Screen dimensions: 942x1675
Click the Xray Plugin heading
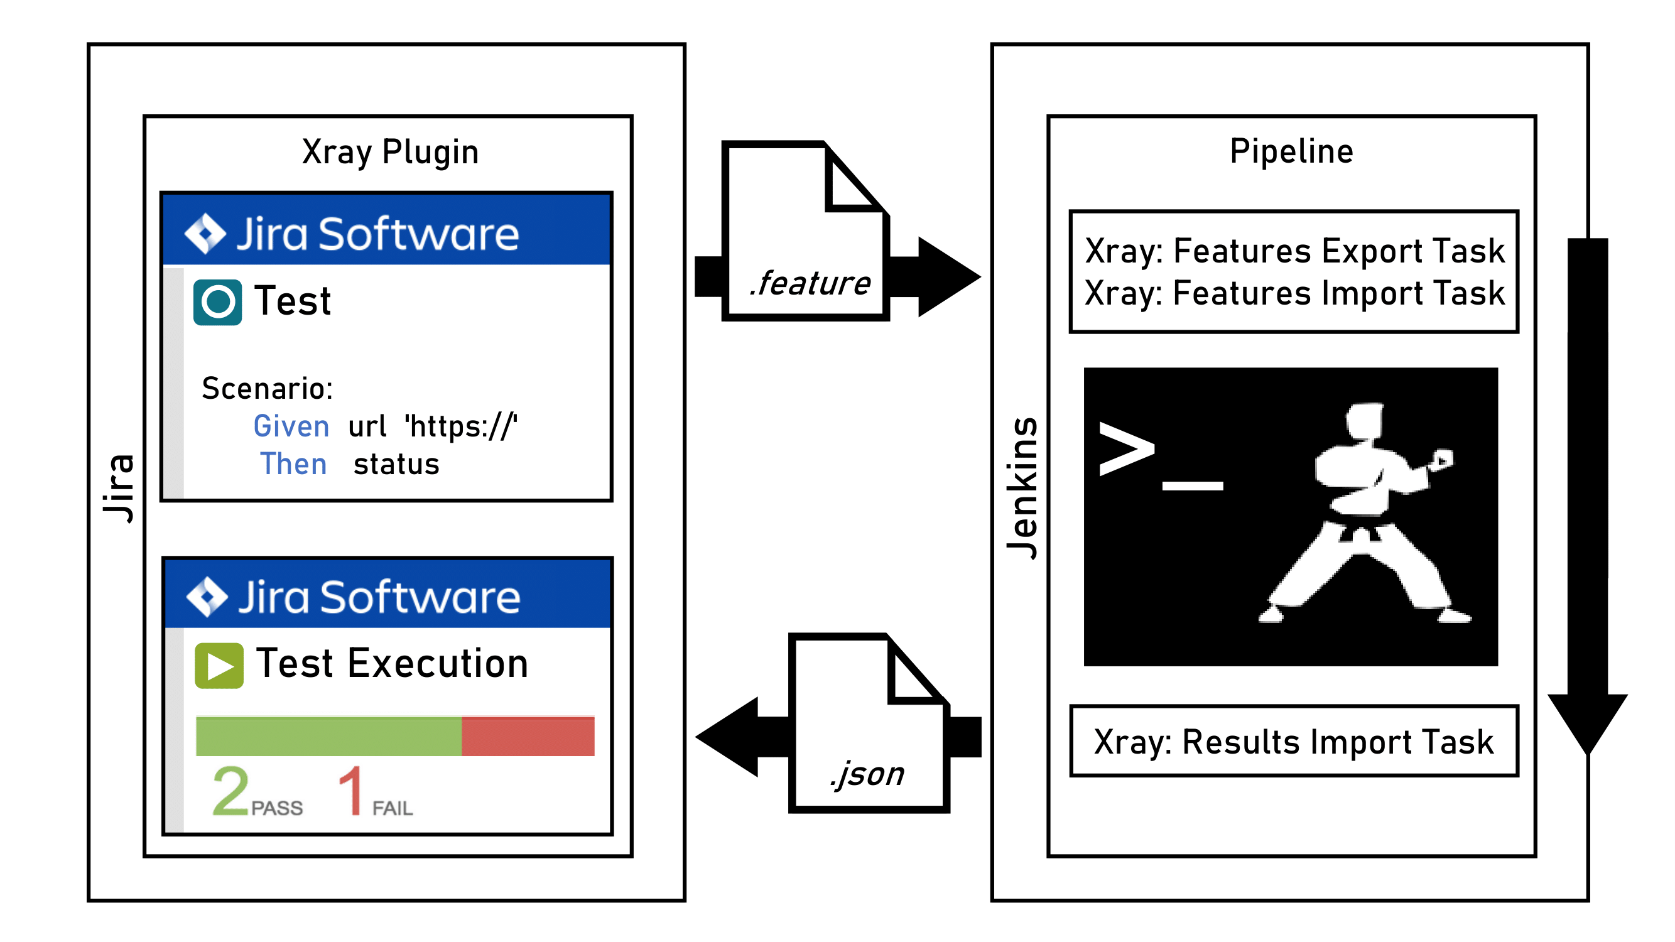pyautogui.click(x=390, y=153)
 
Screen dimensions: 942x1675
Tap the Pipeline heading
pyautogui.click(x=1291, y=151)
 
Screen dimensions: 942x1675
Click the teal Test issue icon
pyautogui.click(x=218, y=302)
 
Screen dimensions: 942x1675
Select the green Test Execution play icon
pyautogui.click(x=219, y=666)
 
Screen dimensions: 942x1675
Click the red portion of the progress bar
pyautogui.click(x=528, y=737)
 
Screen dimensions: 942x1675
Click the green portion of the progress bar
pyautogui.click(x=328, y=737)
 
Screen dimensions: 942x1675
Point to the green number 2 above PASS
pyautogui.click(x=230, y=791)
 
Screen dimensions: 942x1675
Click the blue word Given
pyautogui.click(x=291, y=426)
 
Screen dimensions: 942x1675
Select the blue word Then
pyautogui.click(x=293, y=464)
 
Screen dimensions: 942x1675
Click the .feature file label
pyautogui.click(x=810, y=283)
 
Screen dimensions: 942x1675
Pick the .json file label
pyautogui.click(x=867, y=774)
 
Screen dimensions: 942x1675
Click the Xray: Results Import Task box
pyautogui.click(x=1294, y=742)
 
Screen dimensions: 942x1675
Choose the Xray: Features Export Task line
pyautogui.click(x=1294, y=251)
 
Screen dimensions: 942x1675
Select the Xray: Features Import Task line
pyautogui.click(x=1294, y=293)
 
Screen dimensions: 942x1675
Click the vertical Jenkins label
pyautogui.click(x=1022, y=487)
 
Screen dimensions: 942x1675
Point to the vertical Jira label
pyautogui.click(x=119, y=487)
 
